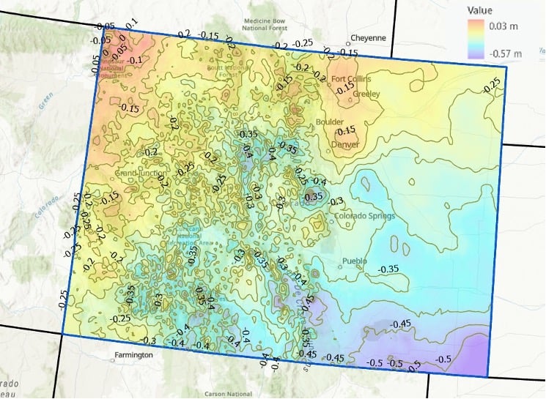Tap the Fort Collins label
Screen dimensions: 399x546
(351, 79)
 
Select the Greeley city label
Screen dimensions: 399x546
(366, 94)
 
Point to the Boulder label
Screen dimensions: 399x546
(329, 122)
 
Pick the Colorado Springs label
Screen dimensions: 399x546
(365, 216)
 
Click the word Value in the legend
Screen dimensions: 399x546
(480, 10)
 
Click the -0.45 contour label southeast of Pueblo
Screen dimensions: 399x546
(401, 324)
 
